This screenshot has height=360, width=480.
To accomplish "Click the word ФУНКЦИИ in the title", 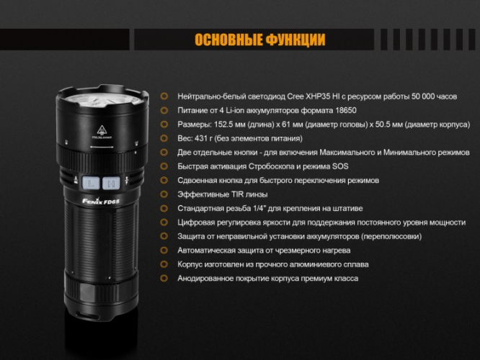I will (292, 40).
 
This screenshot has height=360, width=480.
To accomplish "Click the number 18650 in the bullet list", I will (342, 110).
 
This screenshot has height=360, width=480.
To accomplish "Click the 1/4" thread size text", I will (264, 208).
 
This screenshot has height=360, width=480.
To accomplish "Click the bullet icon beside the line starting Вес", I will (164, 138).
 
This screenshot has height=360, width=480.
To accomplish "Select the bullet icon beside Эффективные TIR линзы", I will (164, 194).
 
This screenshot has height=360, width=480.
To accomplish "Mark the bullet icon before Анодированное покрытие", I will (164, 278).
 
